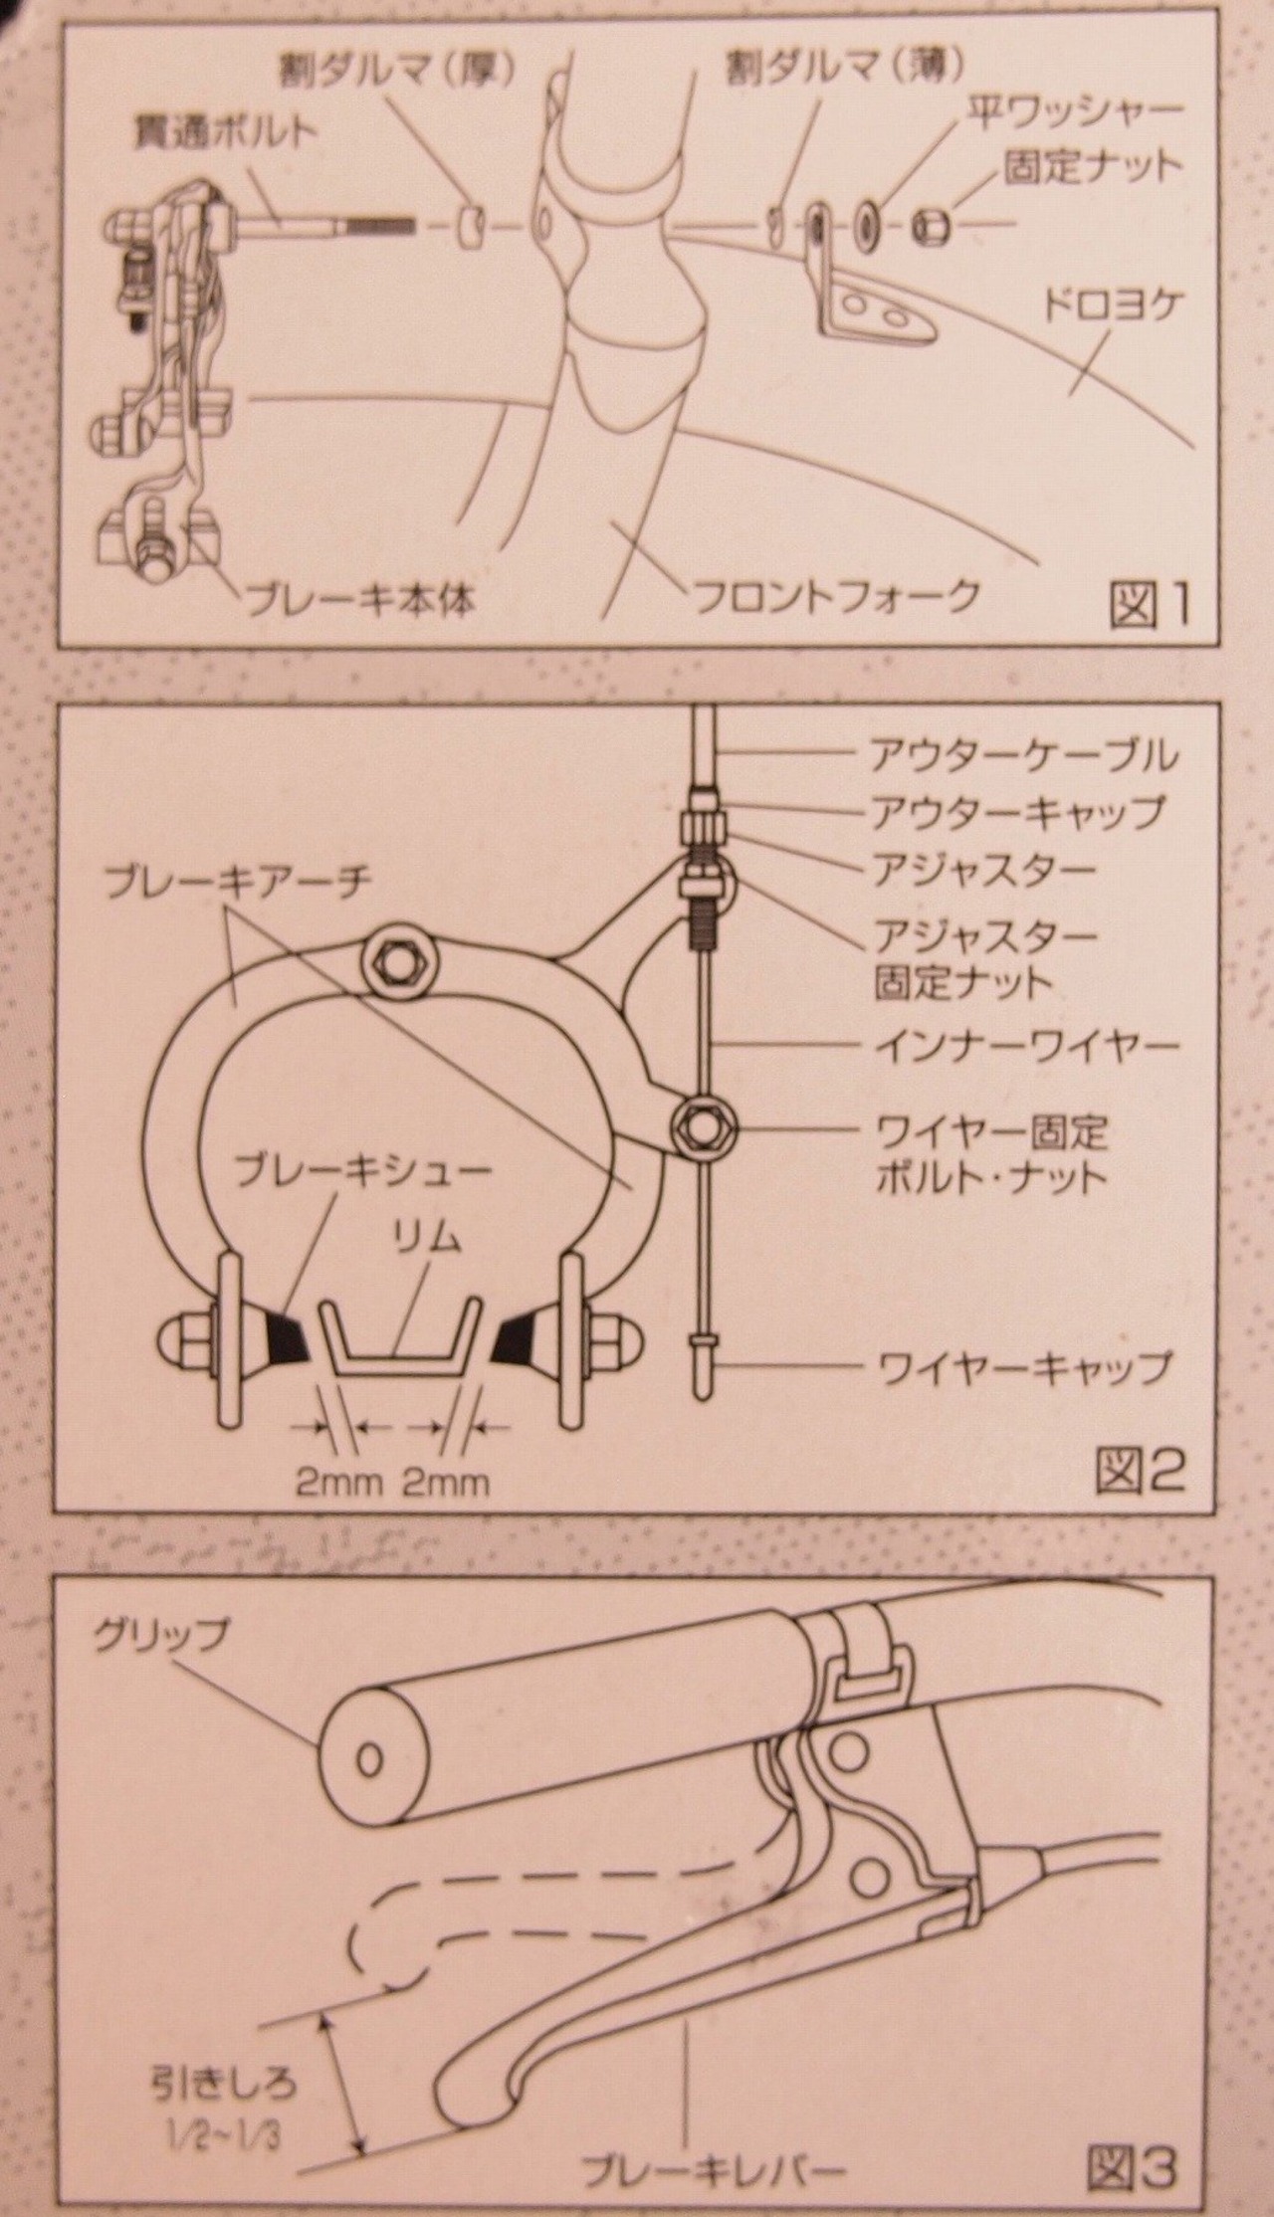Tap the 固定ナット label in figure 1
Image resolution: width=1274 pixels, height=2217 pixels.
click(1092, 166)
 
